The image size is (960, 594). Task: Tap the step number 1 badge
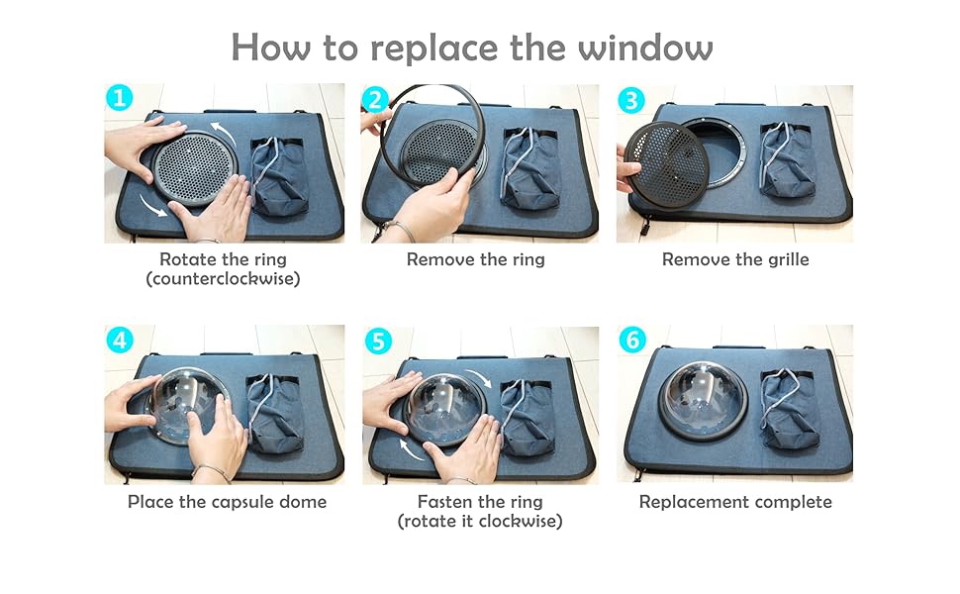[120, 97]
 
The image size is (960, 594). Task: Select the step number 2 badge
[375, 99]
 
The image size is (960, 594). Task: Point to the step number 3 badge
[631, 100]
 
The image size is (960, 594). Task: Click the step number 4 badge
[120, 340]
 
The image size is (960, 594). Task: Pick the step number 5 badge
[378, 341]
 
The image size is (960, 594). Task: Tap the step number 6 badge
[632, 340]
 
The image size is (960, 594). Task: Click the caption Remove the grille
[735, 259]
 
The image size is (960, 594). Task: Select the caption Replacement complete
[735, 502]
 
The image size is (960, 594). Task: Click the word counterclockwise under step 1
[223, 279]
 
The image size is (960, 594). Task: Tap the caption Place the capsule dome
[228, 502]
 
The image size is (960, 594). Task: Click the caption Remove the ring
[476, 259]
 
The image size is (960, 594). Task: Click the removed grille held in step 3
[667, 163]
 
